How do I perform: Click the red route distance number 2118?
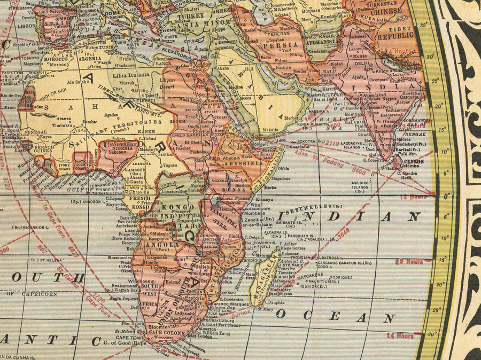coord(331,143)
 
